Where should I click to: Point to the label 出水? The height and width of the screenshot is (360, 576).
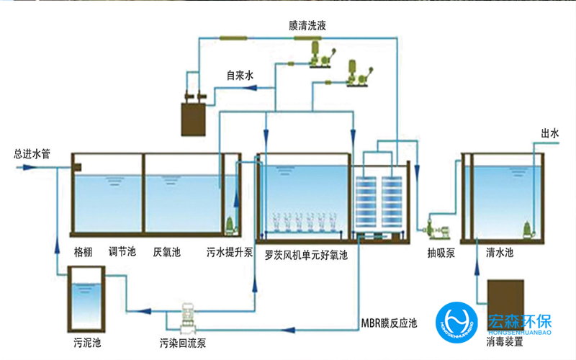(x=550, y=134)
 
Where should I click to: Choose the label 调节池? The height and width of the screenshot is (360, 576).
(x=122, y=253)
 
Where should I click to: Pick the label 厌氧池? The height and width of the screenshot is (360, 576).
(x=166, y=253)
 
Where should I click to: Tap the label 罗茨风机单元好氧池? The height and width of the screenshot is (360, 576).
(x=307, y=254)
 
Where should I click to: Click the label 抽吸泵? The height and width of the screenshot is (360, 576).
(x=439, y=253)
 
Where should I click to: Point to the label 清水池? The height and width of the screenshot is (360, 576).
(x=498, y=253)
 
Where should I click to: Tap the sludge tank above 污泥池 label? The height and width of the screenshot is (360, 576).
(x=85, y=296)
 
